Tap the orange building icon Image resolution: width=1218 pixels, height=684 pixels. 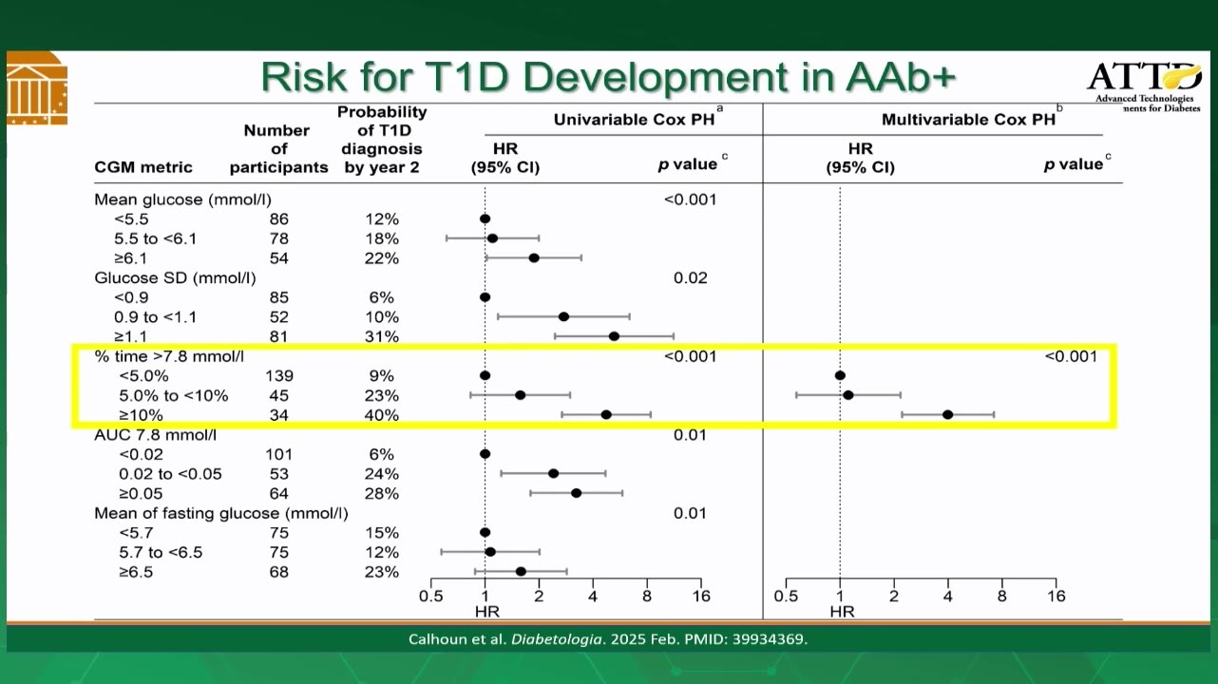37,88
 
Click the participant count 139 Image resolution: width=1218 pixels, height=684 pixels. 279,375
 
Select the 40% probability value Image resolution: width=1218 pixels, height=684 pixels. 382,415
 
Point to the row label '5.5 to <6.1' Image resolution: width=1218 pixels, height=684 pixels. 156,238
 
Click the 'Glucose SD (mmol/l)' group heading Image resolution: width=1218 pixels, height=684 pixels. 175,277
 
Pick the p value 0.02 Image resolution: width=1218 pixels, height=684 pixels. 690,277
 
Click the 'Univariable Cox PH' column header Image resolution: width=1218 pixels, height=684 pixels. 634,119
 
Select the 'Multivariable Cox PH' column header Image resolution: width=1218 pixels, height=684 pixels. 968,119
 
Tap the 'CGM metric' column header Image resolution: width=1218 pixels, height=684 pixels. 143,167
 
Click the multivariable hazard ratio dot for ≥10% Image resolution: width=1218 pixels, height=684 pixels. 948,415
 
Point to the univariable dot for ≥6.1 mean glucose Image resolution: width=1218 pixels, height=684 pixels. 534,257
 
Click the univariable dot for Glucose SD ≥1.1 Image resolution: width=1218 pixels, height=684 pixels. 614,336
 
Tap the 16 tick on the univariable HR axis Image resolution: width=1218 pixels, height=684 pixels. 701,596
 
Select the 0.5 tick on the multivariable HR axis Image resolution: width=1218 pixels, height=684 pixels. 786,596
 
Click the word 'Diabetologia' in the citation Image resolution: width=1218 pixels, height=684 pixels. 556,638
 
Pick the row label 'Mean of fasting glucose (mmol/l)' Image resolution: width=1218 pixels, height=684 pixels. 220,513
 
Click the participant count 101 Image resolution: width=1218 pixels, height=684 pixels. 279,454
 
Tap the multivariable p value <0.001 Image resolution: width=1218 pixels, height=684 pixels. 1071,356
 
